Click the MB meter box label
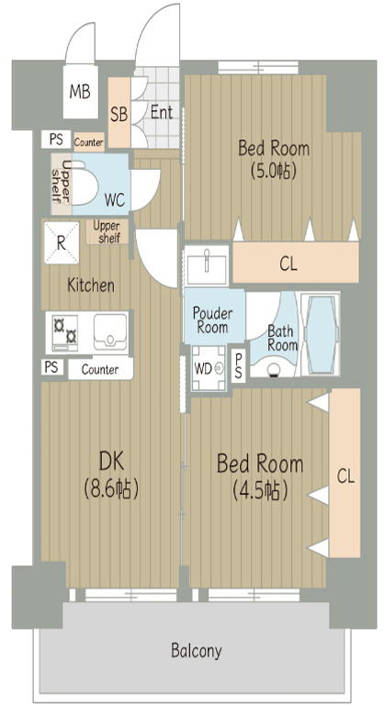[80, 92]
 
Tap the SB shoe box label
[119, 115]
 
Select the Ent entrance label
[162, 112]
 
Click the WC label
[115, 200]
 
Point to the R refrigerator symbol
[62, 242]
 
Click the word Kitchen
[90, 285]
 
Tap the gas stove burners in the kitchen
[65, 332]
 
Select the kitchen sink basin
[110, 331]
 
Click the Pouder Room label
[212, 319]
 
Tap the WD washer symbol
[209, 368]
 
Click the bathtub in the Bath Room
[321, 334]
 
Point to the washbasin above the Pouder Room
[207, 264]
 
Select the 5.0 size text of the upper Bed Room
[273, 172]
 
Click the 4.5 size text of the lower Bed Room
[260, 490]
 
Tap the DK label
[111, 462]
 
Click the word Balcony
[197, 651]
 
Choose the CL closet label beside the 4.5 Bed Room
[345, 476]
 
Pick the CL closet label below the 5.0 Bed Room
[288, 264]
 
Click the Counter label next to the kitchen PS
[100, 370]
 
